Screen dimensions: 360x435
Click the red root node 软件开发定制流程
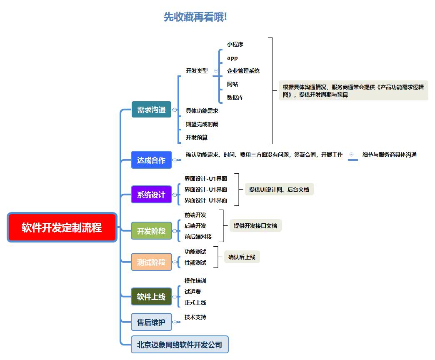[62, 227]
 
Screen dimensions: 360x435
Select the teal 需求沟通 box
[151, 110]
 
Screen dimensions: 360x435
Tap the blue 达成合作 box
[151, 160]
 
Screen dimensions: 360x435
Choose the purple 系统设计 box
[151, 195]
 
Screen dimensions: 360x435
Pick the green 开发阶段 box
[151, 231]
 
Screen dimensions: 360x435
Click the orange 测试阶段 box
[151, 262]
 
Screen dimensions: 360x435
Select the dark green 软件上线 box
[151, 297]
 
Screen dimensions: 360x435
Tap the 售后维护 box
[151, 322]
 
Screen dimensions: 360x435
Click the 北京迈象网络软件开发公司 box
[180, 345]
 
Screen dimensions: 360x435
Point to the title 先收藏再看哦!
[195, 17]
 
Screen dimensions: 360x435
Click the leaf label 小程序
[235, 44]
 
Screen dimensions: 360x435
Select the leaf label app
[232, 58]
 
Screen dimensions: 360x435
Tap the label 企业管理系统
[243, 71]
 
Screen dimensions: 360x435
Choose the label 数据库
[235, 97]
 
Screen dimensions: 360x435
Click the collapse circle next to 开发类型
[215, 71]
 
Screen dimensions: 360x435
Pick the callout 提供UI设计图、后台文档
[279, 190]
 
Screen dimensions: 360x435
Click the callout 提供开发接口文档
[255, 226]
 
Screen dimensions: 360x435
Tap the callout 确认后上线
[242, 257]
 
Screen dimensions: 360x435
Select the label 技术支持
[195, 317]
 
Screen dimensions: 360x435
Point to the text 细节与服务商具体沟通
[389, 155]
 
